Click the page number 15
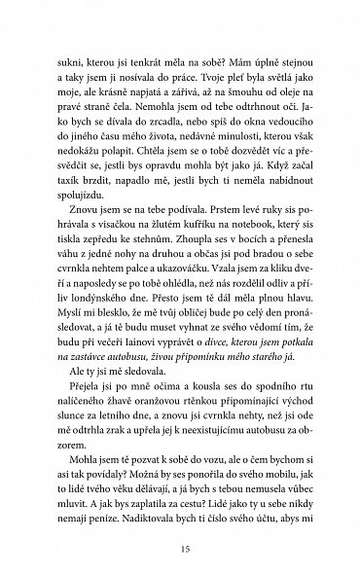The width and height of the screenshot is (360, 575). point(179,529)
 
